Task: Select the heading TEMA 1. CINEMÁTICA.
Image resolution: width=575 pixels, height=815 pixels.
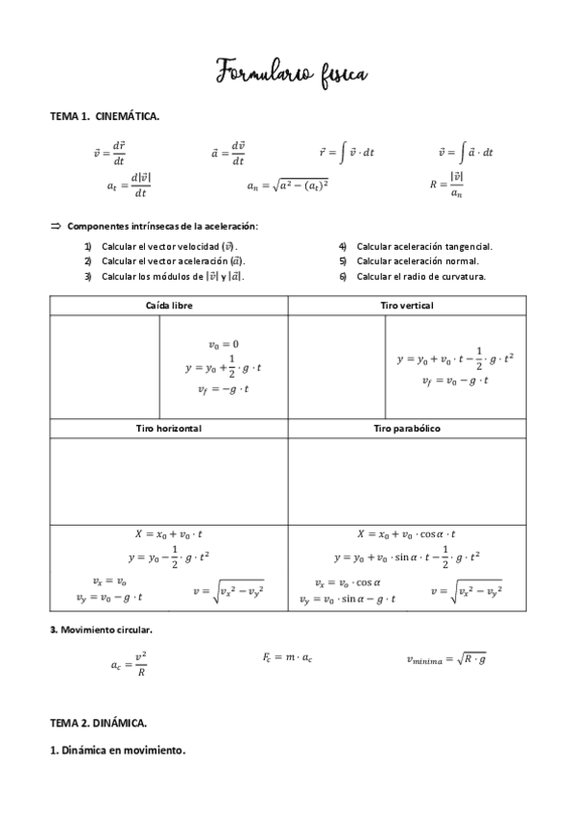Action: click(x=105, y=116)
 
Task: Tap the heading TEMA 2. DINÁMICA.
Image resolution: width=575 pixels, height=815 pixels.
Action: click(x=99, y=720)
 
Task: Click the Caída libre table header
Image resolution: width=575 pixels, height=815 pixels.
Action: click(x=167, y=305)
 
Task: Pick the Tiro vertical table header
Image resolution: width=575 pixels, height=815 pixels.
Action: click(x=406, y=305)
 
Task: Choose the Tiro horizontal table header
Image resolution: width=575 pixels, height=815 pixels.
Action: click(x=167, y=428)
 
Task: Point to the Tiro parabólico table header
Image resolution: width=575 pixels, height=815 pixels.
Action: click(x=406, y=428)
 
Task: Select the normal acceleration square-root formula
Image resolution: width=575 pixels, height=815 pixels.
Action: click(x=287, y=185)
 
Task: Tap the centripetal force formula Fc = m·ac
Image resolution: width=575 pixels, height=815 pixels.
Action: click(x=288, y=656)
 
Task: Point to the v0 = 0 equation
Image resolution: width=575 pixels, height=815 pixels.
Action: click(x=223, y=344)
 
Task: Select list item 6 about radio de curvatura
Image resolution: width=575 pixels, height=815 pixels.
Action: click(x=413, y=277)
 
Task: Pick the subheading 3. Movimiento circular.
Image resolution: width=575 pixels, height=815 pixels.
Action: click(x=101, y=630)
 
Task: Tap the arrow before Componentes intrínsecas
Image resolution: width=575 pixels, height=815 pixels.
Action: click(x=55, y=226)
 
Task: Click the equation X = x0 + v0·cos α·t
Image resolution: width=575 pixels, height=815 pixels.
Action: click(x=406, y=534)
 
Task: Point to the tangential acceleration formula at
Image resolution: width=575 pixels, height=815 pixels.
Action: click(x=129, y=185)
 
